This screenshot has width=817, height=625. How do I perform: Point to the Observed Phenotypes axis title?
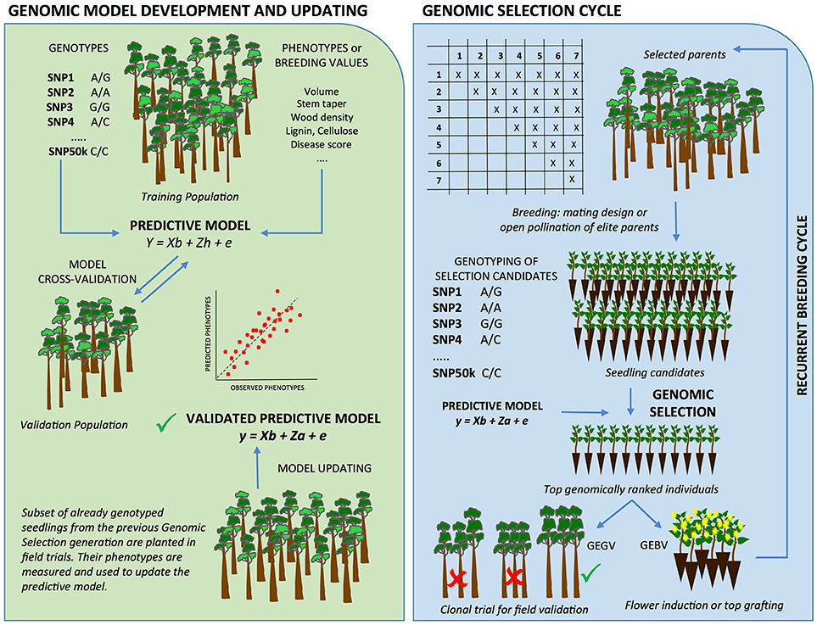coord(266,388)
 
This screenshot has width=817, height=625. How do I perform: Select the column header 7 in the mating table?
coord(575,57)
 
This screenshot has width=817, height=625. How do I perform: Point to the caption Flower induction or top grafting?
coord(705,605)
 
